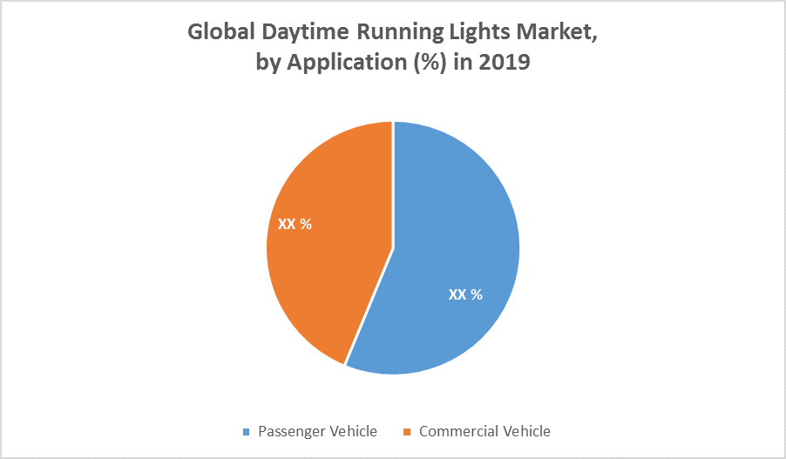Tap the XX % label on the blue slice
pyautogui.click(x=465, y=294)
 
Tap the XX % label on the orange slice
pyautogui.click(x=295, y=224)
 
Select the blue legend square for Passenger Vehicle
pyautogui.click(x=246, y=432)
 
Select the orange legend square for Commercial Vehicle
pyautogui.click(x=406, y=432)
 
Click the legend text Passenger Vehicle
pyautogui.click(x=317, y=431)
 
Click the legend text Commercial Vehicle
pyautogui.click(x=484, y=431)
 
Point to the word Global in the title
pyautogui.click(x=217, y=32)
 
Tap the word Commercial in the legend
pyautogui.click(x=458, y=431)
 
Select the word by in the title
pyautogui.click(x=267, y=64)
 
